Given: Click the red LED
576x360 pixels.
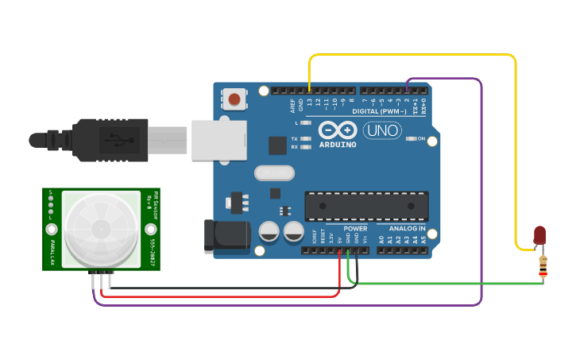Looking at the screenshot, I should pos(539,234).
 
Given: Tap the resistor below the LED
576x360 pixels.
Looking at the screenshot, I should pos(543,266).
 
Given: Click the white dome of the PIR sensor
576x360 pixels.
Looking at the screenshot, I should pos(101,229).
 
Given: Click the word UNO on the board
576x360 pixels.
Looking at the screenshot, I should pos(382,130).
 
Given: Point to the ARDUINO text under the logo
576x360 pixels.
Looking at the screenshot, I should pos(338,145).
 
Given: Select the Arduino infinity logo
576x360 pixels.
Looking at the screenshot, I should pos(338,130).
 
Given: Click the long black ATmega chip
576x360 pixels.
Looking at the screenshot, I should pos(366,206).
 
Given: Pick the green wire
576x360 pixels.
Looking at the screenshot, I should pos(445,284).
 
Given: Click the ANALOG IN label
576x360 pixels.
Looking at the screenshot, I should pos(407,229).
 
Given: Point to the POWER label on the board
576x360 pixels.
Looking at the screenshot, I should pos(355,229).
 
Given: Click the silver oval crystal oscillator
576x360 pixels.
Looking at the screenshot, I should pos(274,172).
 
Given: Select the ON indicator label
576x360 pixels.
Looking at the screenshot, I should pos(432,139).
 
